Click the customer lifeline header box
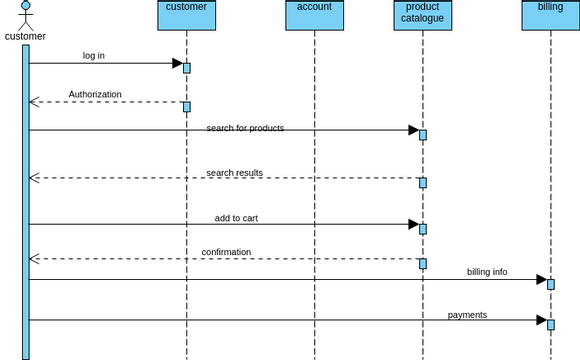[186, 14]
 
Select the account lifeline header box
[314, 14]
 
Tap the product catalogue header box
[421, 14]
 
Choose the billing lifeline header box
[550, 14]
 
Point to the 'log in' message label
[94, 56]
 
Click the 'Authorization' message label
[95, 95]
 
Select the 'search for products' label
[245, 128]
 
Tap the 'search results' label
[235, 173]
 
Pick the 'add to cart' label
[236, 218]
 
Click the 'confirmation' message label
[226, 252]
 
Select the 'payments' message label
[467, 315]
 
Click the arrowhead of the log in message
[177, 63]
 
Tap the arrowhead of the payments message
[541, 320]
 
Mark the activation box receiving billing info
[550, 284]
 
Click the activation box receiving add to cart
[423, 229]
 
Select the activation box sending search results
[423, 183]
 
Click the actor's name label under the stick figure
[25, 37]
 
